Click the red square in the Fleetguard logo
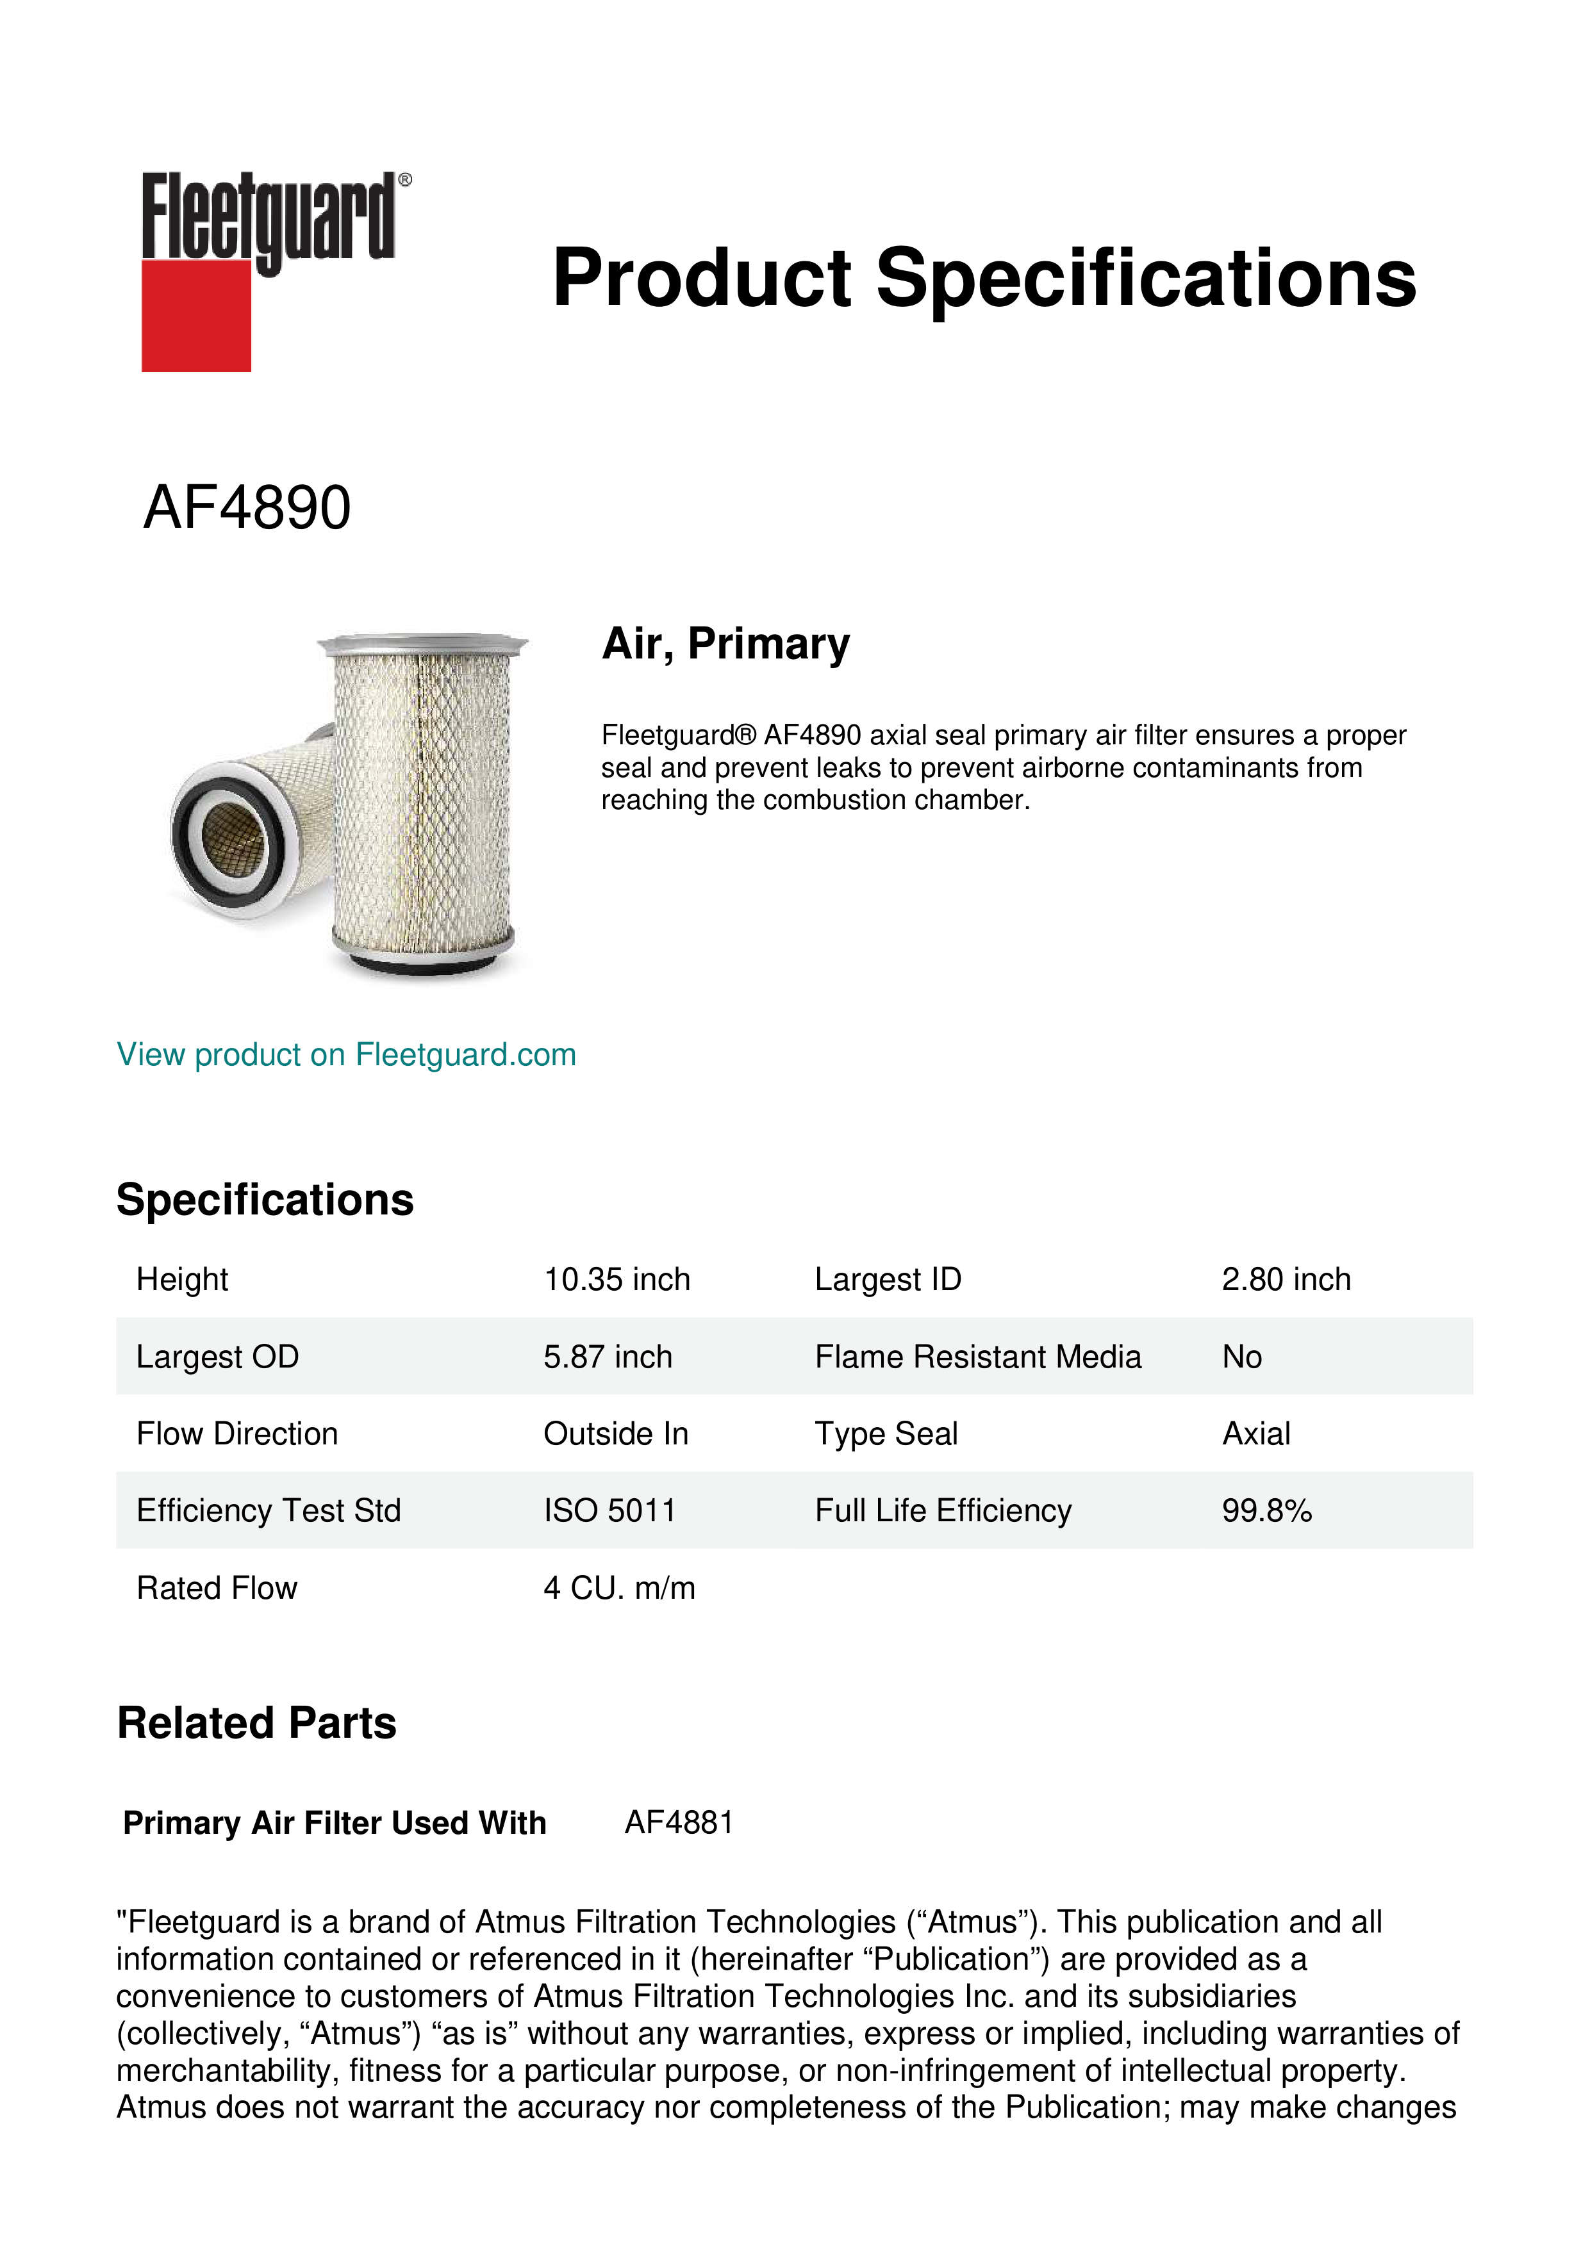tap(196, 315)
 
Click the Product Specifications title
tap(983, 278)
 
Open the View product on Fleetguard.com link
tap(345, 1054)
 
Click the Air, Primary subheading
tap(725, 643)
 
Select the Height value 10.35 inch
tap(617, 1279)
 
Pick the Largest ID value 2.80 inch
tap(1286, 1279)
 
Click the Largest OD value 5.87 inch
tap(607, 1357)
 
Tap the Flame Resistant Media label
tap(977, 1357)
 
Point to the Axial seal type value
tap(1255, 1434)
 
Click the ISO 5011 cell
tap(609, 1510)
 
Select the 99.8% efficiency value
tap(1266, 1510)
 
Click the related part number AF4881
tap(679, 1822)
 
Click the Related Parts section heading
tap(256, 1724)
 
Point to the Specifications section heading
tap(264, 1200)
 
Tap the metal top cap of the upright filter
tap(422, 643)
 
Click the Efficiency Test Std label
tap(269, 1510)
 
